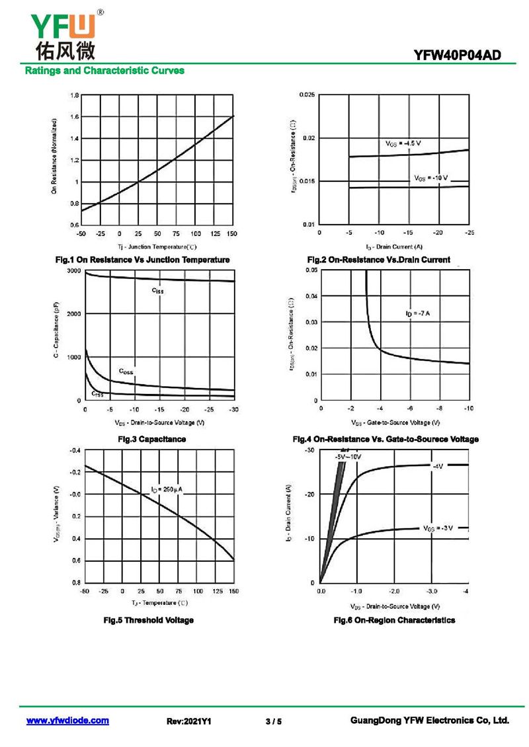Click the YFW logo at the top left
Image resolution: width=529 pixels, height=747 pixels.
[x=63, y=33]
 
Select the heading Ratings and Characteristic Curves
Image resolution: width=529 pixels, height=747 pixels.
[x=104, y=70]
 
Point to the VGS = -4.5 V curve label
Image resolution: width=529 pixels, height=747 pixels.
[x=403, y=143]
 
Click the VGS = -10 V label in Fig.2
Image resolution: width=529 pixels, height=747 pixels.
[x=431, y=178]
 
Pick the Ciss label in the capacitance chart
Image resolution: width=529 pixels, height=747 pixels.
[x=157, y=290]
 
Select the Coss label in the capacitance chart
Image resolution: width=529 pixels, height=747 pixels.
[x=126, y=372]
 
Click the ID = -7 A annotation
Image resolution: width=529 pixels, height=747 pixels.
[x=418, y=313]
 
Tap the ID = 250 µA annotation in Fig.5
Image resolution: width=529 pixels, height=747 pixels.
[x=166, y=489]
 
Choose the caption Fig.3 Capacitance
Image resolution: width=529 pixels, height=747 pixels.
[x=151, y=439]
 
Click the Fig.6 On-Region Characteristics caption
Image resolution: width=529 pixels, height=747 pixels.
[x=394, y=620]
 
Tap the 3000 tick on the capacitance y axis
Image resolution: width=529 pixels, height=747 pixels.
[x=73, y=272]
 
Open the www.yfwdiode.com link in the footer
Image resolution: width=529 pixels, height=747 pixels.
[x=67, y=721]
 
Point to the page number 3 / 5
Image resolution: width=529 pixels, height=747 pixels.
[x=273, y=721]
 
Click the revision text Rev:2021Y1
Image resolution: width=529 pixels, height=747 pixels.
[x=188, y=721]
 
